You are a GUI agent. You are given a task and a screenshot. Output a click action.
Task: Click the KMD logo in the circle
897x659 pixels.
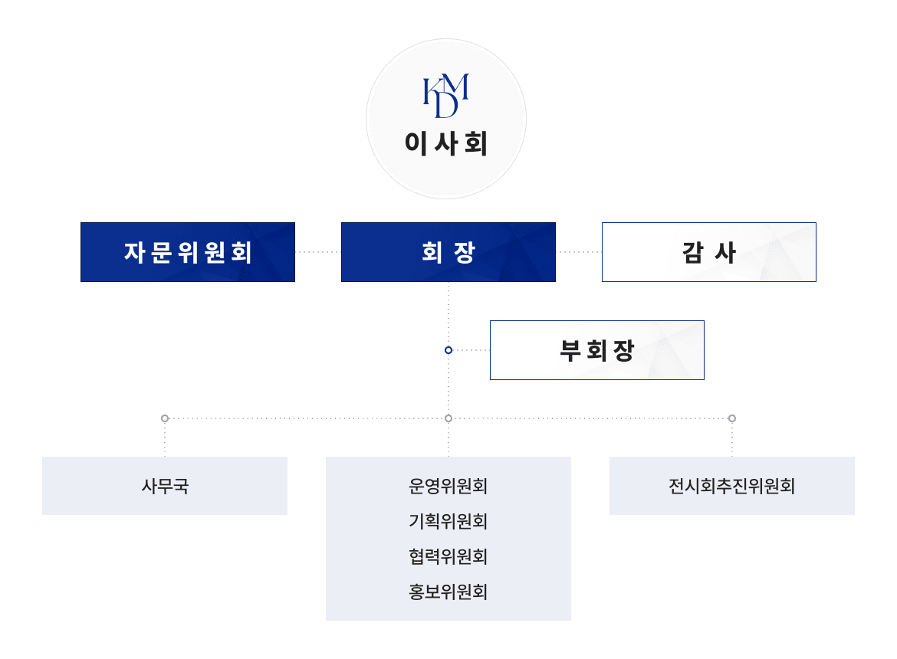(x=445, y=97)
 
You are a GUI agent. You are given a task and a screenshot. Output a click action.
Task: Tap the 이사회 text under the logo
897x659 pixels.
(x=446, y=144)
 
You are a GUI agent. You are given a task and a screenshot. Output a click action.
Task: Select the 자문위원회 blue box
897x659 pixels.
(x=188, y=252)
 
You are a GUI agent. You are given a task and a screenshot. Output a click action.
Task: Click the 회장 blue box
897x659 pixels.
(x=449, y=252)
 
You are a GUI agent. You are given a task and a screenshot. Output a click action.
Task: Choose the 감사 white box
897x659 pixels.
(x=709, y=252)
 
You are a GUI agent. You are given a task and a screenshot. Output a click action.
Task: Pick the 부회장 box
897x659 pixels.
(x=597, y=350)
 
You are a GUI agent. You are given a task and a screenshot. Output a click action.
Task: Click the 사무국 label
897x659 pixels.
(x=165, y=486)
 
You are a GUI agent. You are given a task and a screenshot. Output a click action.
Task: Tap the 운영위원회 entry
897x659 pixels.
(x=449, y=486)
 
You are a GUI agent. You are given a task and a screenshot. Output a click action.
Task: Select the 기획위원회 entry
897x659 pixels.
(x=449, y=521)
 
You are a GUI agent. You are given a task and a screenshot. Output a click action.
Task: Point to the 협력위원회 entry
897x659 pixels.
(x=449, y=556)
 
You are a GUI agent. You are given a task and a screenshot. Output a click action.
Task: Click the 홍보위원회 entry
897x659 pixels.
(x=449, y=592)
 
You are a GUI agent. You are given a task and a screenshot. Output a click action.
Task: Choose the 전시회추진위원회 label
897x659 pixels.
(x=731, y=486)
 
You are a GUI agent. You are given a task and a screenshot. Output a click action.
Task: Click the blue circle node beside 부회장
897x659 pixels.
(x=449, y=350)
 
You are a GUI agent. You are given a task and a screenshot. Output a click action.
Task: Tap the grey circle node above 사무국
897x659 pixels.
(x=165, y=418)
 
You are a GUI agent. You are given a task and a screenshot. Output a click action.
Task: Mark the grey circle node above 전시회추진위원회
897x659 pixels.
(x=732, y=418)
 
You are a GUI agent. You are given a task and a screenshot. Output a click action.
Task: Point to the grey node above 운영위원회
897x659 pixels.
(x=449, y=418)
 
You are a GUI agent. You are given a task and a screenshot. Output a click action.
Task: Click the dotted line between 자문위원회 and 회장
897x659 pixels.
(x=318, y=252)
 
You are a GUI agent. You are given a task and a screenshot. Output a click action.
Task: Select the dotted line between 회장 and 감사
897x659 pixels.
(x=579, y=252)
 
